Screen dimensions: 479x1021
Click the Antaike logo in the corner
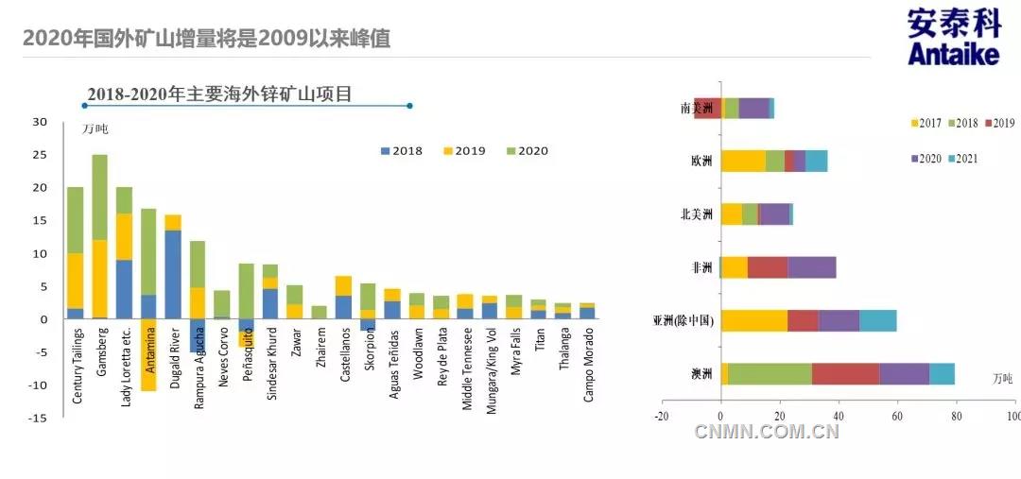pyautogui.click(x=953, y=38)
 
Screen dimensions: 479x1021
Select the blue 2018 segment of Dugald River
pyautogui.click(x=173, y=274)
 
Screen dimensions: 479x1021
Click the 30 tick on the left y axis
pyautogui.click(x=39, y=122)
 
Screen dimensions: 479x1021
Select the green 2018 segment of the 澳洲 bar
pyautogui.click(x=770, y=374)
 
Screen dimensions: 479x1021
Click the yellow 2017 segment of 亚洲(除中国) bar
pyautogui.click(x=753, y=320)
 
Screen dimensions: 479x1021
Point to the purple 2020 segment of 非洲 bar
pyautogui.click(x=811, y=267)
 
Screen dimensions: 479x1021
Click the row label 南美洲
pyautogui.click(x=697, y=109)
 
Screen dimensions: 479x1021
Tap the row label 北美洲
pyautogui.click(x=697, y=214)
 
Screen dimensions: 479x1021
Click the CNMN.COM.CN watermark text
pyautogui.click(x=767, y=433)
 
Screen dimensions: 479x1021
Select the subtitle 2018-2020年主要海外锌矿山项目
pyautogui.click(x=219, y=94)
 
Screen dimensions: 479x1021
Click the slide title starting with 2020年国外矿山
pyautogui.click(x=206, y=39)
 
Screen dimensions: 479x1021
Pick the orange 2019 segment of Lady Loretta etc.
pyautogui.click(x=124, y=236)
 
